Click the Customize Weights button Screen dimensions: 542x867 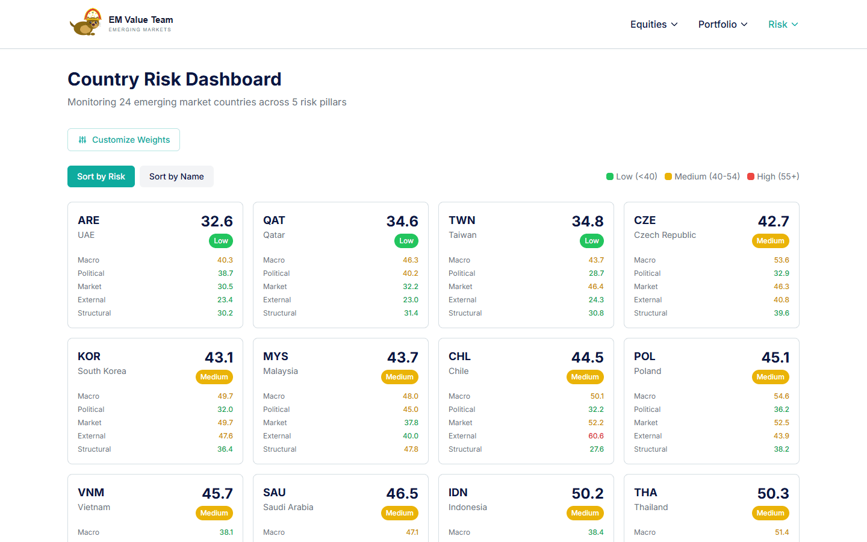coord(123,140)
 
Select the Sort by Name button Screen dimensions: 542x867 coord(176,176)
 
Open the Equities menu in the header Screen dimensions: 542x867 coord(654,24)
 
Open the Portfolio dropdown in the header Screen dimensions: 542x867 coord(722,24)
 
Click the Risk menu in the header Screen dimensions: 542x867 coord(783,24)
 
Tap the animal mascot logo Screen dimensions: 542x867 coord(85,23)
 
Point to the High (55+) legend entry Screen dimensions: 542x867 coord(773,176)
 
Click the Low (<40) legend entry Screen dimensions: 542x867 coord(632,176)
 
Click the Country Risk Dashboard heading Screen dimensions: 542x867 coord(175,79)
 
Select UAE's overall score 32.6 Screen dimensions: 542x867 coord(217,221)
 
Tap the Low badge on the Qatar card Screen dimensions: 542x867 coord(406,241)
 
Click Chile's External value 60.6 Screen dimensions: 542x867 coord(596,436)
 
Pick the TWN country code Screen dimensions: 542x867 coord(462,220)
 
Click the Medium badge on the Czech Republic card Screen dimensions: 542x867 coord(770,241)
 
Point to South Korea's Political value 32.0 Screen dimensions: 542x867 coord(225,410)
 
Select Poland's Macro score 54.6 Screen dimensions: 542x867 coord(782,396)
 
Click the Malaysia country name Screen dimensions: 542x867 coord(281,371)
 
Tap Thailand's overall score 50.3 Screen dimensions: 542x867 coord(773,493)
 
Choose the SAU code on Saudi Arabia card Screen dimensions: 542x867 coord(275,493)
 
